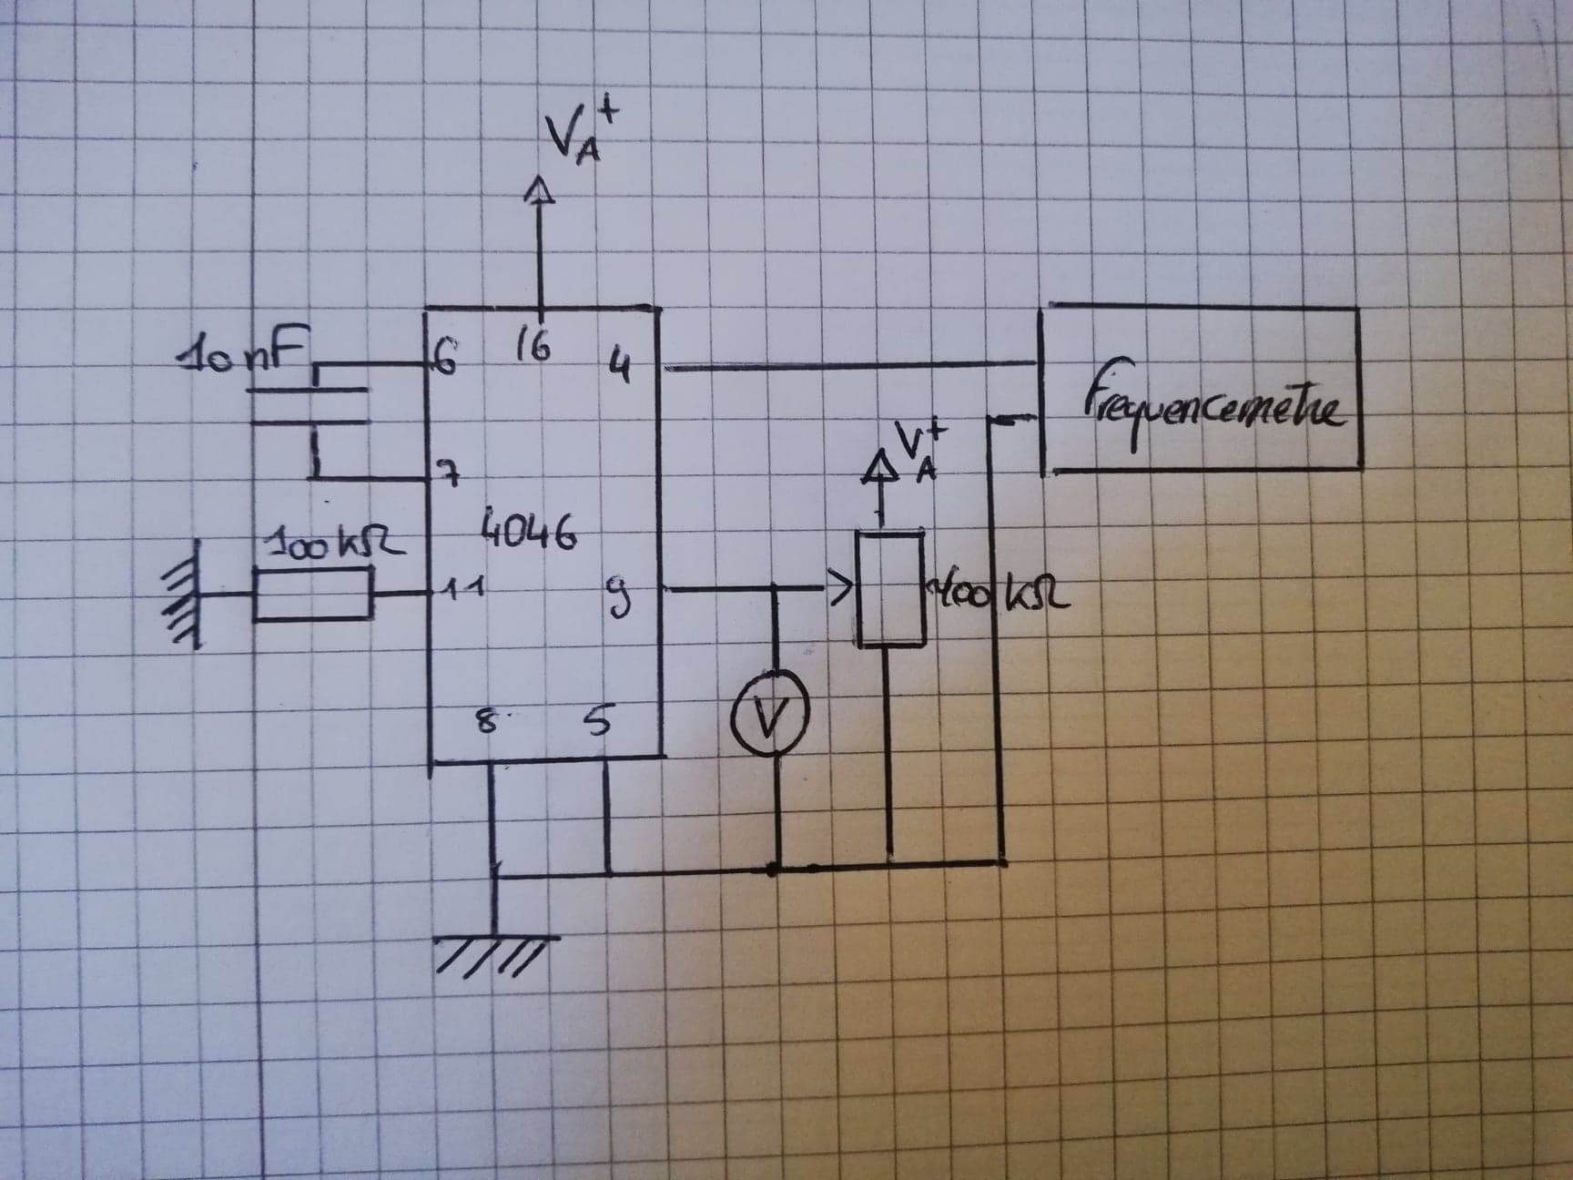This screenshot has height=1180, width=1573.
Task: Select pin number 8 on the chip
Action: point(488,725)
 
